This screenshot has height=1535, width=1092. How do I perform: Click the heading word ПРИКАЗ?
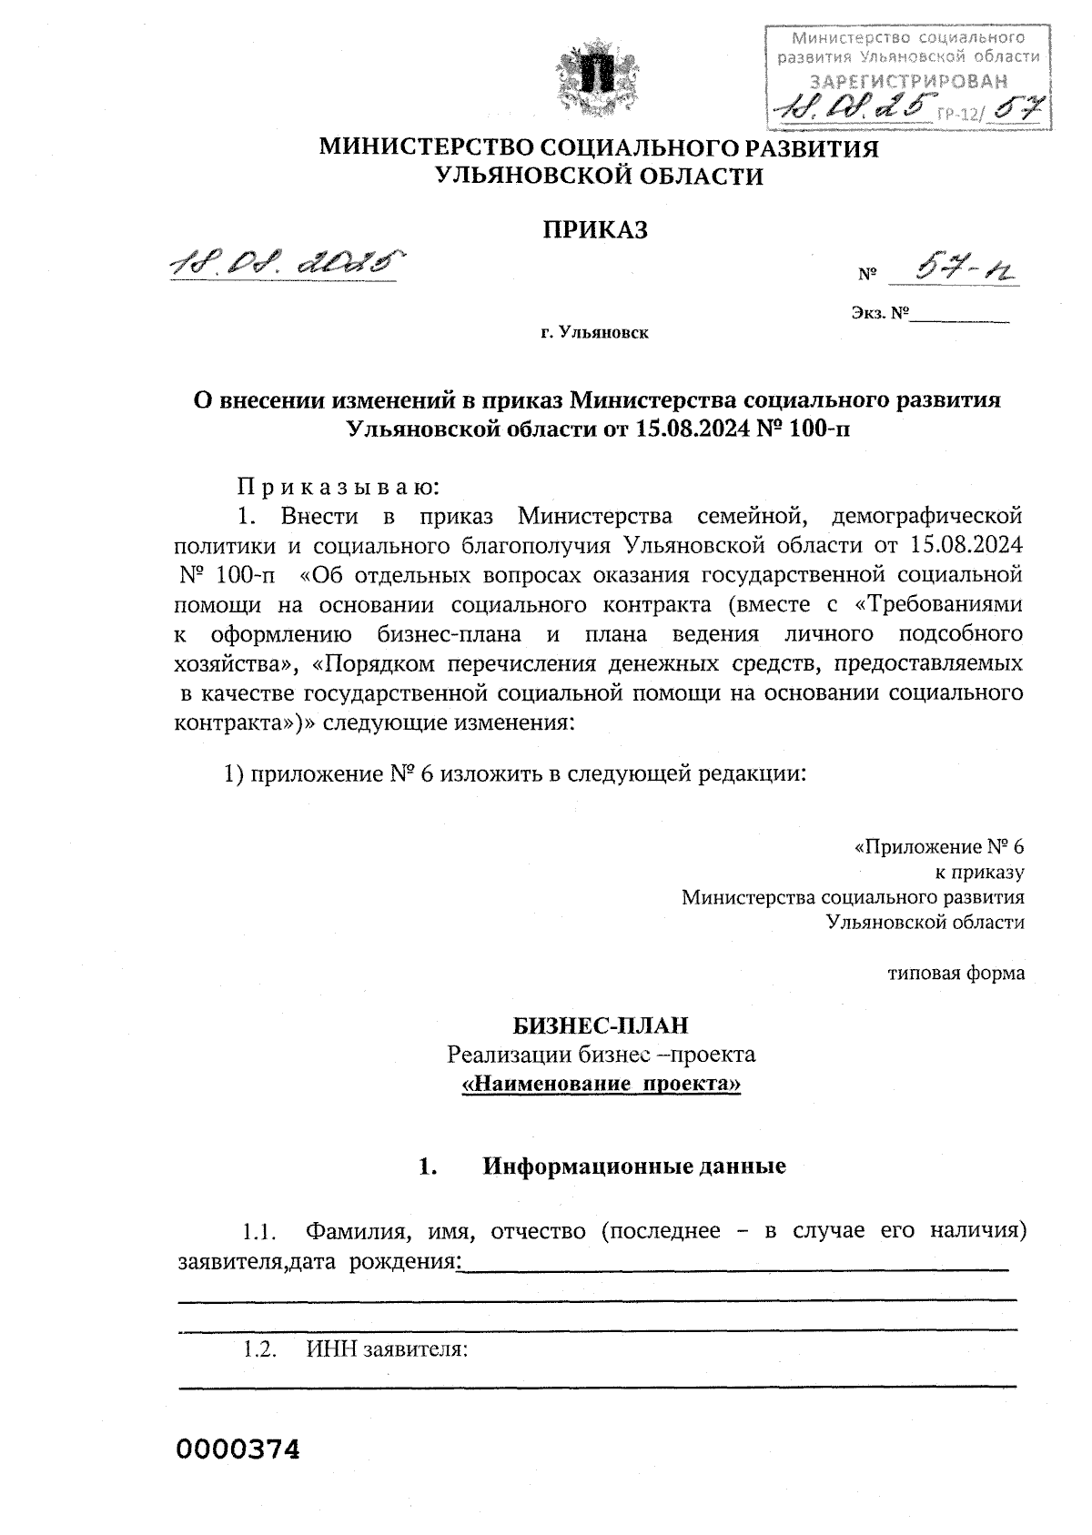pyautogui.click(x=596, y=229)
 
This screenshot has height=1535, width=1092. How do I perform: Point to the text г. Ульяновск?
pyautogui.click(x=594, y=334)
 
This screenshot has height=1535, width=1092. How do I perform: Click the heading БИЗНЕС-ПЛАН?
pyautogui.click(x=601, y=1025)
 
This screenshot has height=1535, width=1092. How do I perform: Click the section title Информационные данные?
pyautogui.click(x=633, y=1166)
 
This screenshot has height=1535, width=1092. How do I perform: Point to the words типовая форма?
pyautogui.click(x=955, y=973)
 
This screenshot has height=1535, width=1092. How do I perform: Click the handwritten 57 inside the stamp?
pyautogui.click(x=1016, y=109)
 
